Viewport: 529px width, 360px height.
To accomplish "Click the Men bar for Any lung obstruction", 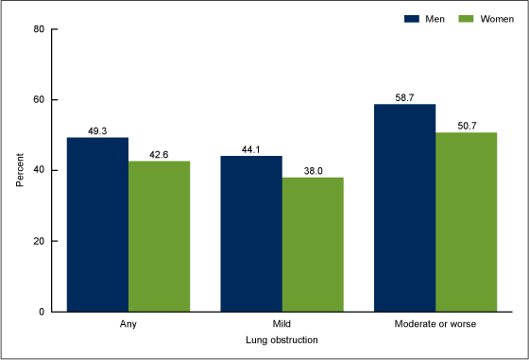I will pos(97,224).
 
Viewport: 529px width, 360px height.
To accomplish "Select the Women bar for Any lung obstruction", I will pos(159,236).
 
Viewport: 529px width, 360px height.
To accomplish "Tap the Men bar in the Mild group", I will pos(251,233).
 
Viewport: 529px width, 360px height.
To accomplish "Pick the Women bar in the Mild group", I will pos(313,244).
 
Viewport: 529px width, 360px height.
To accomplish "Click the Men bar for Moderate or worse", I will pos(405,208).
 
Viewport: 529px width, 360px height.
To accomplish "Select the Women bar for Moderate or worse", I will pos(467,222).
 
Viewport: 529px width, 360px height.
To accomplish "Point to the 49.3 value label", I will pos(97,130).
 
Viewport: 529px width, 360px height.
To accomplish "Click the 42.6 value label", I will pos(159,154).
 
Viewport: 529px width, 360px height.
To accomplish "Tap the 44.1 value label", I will pos(251,148).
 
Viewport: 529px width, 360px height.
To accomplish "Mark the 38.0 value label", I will pos(313,170).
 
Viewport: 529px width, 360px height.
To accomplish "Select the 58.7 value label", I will pos(405,97).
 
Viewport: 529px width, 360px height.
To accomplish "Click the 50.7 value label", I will pos(467,126).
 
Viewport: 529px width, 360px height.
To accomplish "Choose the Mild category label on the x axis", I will pos(282,325).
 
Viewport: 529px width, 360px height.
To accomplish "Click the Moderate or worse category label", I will pos(435,325).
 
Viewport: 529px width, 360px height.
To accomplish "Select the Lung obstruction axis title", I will pos(282,339).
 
